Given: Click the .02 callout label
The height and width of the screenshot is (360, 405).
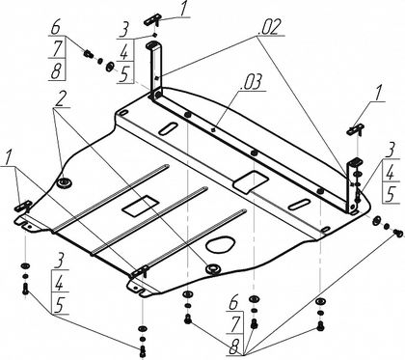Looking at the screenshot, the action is pyautogui.click(x=270, y=27).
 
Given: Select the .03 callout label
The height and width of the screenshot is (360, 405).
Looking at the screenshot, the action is pyautogui.click(x=253, y=82).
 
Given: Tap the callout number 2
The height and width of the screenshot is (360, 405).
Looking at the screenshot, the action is pyautogui.click(x=59, y=99).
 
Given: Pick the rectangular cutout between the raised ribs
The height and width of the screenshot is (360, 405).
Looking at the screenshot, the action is pyautogui.click(x=141, y=206).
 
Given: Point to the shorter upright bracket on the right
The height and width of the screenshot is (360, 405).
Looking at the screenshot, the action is pyautogui.click(x=353, y=185).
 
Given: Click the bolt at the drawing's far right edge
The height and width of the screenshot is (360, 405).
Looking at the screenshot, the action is pyautogui.click(x=398, y=233).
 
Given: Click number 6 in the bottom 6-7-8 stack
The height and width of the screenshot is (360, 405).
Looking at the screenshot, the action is pyautogui.click(x=233, y=304).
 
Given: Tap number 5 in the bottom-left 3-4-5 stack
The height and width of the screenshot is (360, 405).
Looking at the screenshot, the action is pyautogui.click(x=59, y=304).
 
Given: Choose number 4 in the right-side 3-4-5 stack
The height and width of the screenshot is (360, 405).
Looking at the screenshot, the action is pyautogui.click(x=390, y=174).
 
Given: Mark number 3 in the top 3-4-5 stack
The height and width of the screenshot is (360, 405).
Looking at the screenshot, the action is pyautogui.click(x=123, y=31).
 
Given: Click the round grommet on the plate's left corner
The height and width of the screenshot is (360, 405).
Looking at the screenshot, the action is pyautogui.click(x=64, y=182).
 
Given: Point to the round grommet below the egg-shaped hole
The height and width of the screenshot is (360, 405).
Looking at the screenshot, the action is pyautogui.click(x=213, y=267).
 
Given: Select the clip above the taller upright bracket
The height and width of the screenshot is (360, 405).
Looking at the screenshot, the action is pyautogui.click(x=151, y=20).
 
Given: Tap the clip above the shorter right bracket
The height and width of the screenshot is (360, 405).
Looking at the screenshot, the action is pyautogui.click(x=355, y=129).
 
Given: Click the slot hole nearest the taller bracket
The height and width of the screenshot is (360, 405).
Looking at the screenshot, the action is pyautogui.click(x=168, y=127).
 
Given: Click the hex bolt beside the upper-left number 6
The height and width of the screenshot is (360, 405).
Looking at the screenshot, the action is pyautogui.click(x=89, y=54).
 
